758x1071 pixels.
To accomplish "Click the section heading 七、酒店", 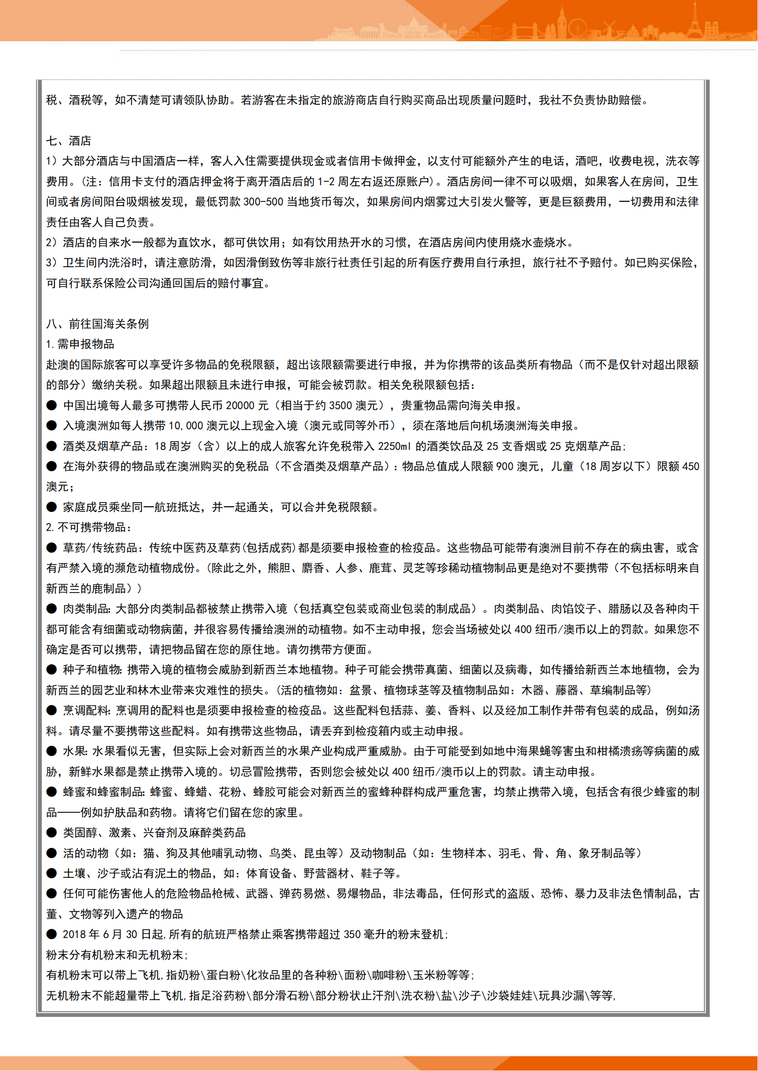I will pos(69,141).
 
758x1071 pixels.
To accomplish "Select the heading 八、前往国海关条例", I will pos(97,324).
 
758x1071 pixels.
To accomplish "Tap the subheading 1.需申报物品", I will pos(80,344).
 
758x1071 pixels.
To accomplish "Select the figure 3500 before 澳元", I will pos(340,405).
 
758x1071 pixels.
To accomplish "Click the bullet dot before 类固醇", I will pos(51,832).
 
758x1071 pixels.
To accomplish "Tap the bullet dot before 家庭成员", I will pos(51,507).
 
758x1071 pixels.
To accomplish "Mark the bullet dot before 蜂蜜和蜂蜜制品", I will pos(51,792).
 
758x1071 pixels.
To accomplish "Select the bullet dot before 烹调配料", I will pos(51,711).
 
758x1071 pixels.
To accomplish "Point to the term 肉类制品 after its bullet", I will pos(86,609).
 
